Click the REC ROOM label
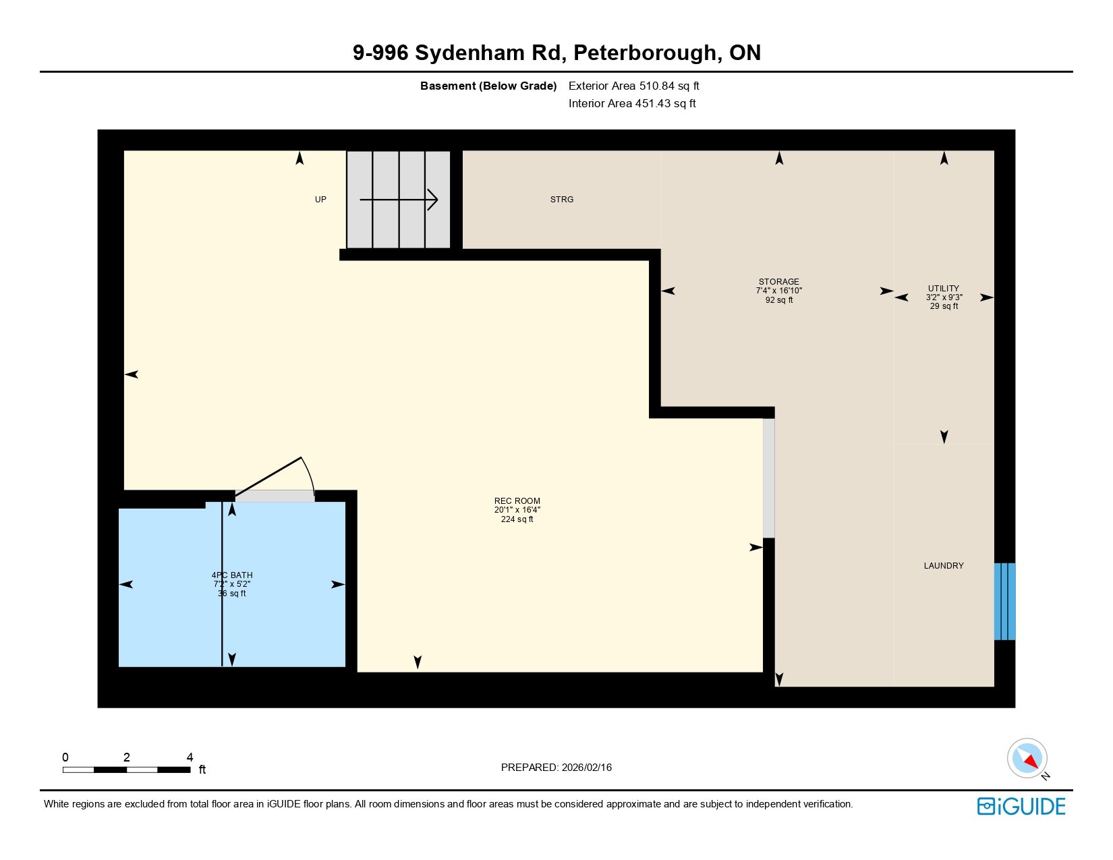pyautogui.click(x=517, y=501)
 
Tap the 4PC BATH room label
pyautogui.click(x=232, y=575)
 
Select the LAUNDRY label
pyautogui.click(x=944, y=565)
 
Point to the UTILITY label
pyautogui.click(x=944, y=289)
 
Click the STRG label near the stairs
pyautogui.click(x=561, y=199)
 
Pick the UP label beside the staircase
pyautogui.click(x=320, y=199)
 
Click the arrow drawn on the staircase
pyautogui.click(x=399, y=199)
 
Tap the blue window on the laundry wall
pyautogui.click(x=1004, y=602)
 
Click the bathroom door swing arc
pyautogui.click(x=309, y=472)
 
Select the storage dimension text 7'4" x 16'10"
pyautogui.click(x=778, y=291)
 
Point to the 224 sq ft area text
pyautogui.click(x=517, y=519)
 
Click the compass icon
pyautogui.click(x=1027, y=759)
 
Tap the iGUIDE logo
pyautogui.click(x=1021, y=806)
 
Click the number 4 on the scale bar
pyautogui.click(x=190, y=757)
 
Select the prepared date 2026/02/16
pyautogui.click(x=586, y=768)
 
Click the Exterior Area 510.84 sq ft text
pyautogui.click(x=633, y=86)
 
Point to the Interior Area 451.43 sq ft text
pyautogui.click(x=632, y=103)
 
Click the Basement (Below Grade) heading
pyautogui.click(x=488, y=86)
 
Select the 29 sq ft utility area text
pyautogui.click(x=944, y=306)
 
